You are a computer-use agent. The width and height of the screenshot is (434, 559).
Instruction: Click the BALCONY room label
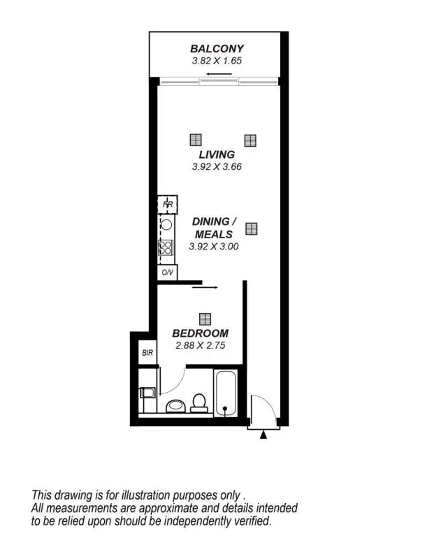(217, 49)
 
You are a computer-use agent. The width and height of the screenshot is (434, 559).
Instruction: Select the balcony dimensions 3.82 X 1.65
(217, 61)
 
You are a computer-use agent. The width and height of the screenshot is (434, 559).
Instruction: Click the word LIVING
(216, 154)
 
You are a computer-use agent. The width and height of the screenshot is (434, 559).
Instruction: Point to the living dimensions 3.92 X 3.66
(216, 167)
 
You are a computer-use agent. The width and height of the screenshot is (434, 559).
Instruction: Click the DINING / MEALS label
(214, 228)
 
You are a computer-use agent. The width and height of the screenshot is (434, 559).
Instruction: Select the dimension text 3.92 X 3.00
(214, 246)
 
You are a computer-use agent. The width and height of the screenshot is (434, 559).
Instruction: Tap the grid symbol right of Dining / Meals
(251, 228)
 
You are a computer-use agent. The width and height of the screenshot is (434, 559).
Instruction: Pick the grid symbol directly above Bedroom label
(204, 319)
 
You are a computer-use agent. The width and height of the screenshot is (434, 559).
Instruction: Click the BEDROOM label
(200, 333)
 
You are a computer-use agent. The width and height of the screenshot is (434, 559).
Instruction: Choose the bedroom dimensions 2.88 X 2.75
(200, 345)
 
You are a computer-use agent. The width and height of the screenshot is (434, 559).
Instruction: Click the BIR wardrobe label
(147, 353)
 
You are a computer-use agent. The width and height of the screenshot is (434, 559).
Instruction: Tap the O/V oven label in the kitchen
(167, 273)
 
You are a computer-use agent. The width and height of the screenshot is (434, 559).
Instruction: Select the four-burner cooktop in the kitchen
(166, 247)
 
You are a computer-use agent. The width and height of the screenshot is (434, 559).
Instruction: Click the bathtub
(226, 395)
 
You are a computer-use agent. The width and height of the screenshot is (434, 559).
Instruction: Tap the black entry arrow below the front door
(263, 435)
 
